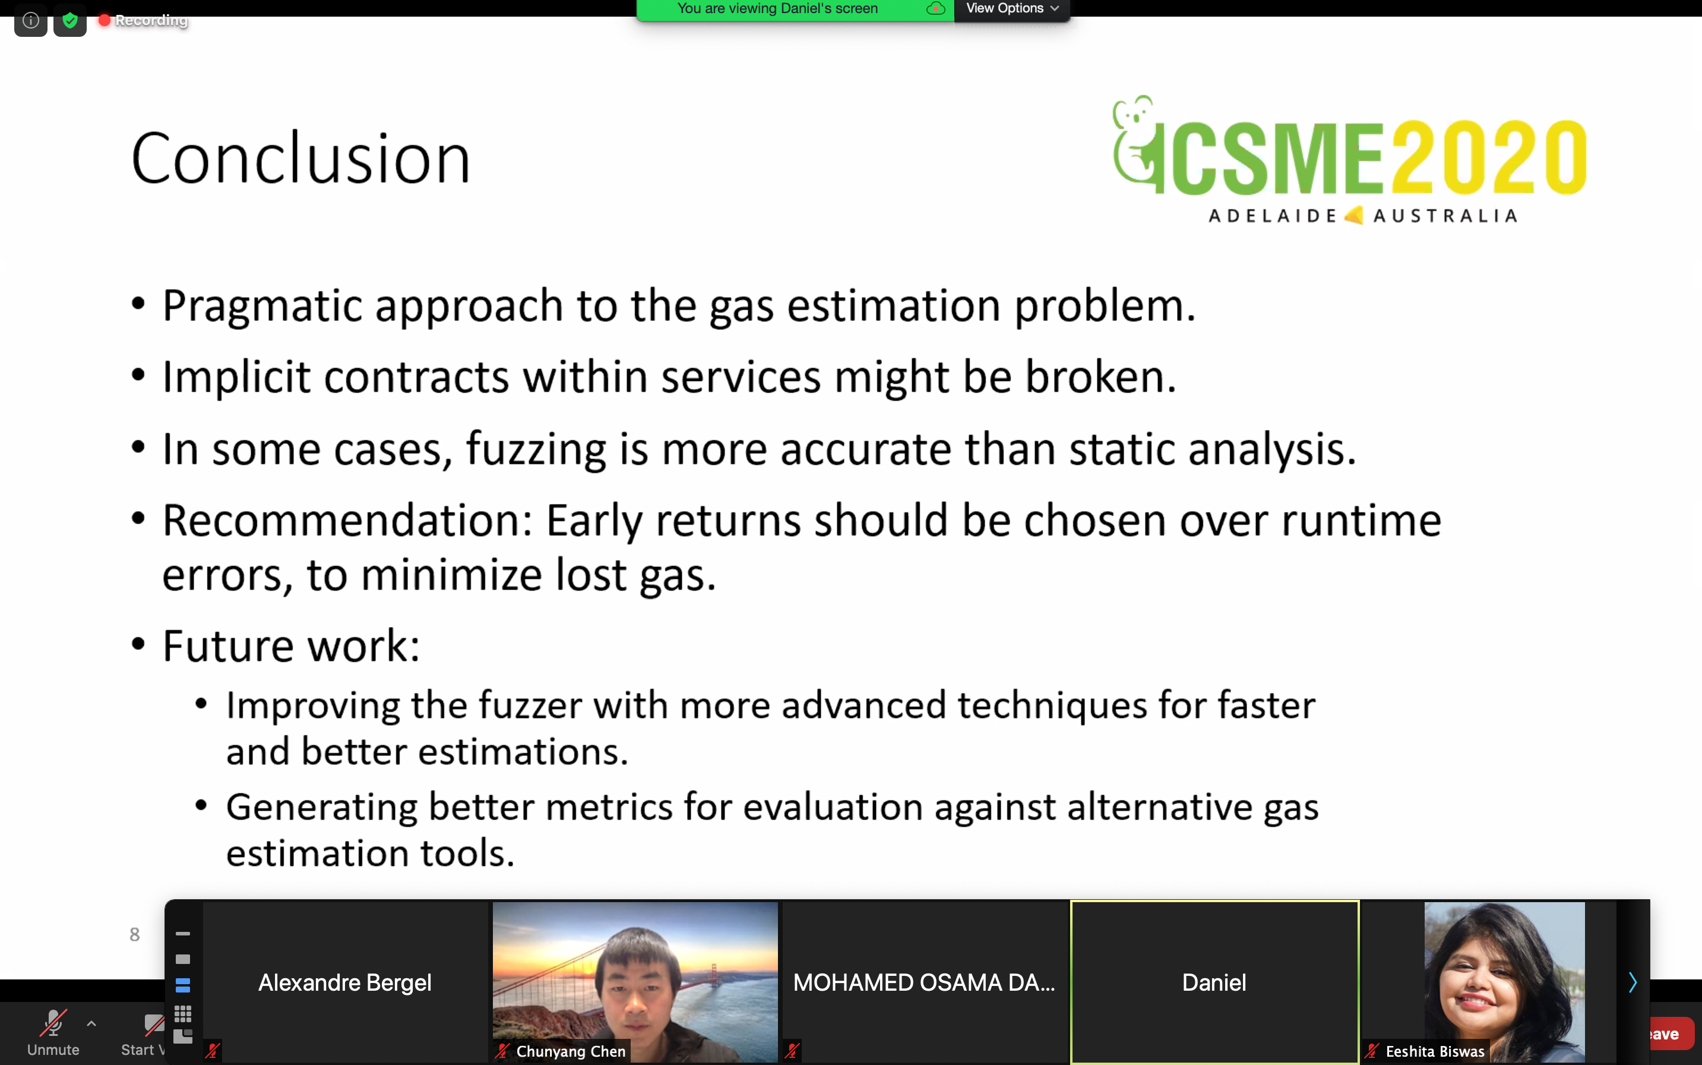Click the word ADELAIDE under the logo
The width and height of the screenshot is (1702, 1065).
tap(1272, 216)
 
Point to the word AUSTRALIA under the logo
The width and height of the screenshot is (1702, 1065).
tap(1445, 216)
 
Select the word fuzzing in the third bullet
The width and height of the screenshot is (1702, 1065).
tap(536, 449)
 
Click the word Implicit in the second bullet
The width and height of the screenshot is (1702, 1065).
tap(236, 377)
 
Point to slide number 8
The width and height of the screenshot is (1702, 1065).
tap(134, 935)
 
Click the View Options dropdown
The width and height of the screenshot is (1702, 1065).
tap(1011, 9)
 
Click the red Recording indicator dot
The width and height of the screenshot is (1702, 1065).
tap(104, 20)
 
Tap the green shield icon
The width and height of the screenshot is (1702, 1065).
tap(69, 20)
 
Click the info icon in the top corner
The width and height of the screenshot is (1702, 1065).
tap(30, 20)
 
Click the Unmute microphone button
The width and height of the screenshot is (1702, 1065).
tap(53, 1032)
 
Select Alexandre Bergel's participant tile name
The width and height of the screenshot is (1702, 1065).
tap(345, 982)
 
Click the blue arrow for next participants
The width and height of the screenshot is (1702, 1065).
tap(1633, 982)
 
